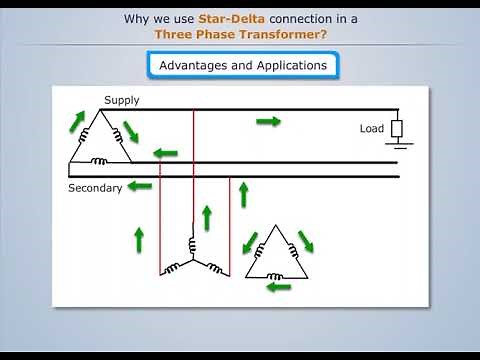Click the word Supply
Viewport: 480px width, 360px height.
pyautogui.click(x=122, y=100)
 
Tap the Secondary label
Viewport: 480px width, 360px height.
pyautogui.click(x=95, y=187)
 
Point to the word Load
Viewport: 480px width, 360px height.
pyautogui.click(x=371, y=129)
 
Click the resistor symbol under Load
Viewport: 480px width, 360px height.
pyautogui.click(x=396, y=128)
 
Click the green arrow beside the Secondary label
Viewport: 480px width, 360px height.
pyautogui.click(x=140, y=186)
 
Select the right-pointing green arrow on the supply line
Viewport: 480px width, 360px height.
pyautogui.click(x=268, y=121)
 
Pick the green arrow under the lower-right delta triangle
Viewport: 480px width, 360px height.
pyautogui.click(x=279, y=286)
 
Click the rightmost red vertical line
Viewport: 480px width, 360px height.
pyautogui.click(x=229, y=225)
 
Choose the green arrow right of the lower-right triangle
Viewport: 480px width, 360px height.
pyautogui.click(x=305, y=241)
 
